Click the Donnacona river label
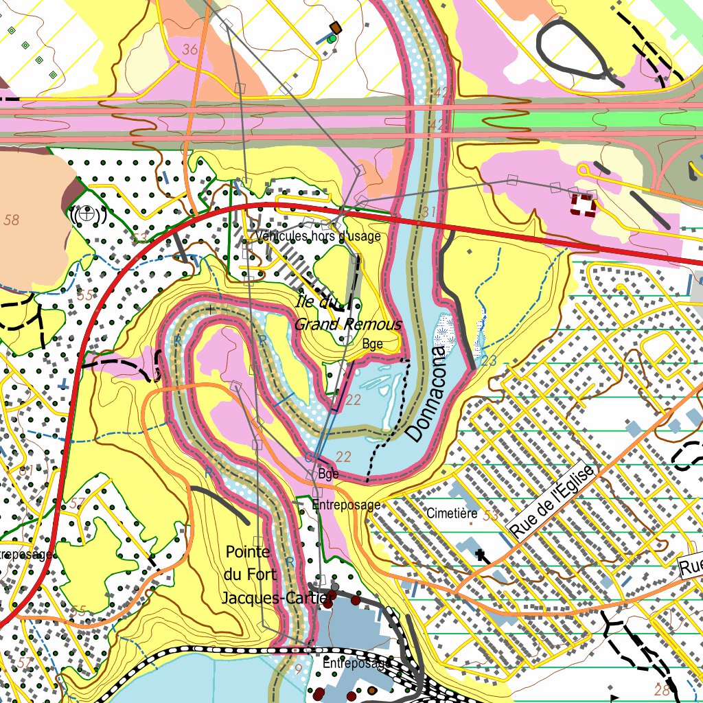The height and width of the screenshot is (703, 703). (x=426, y=394)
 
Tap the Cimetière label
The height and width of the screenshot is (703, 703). (x=451, y=513)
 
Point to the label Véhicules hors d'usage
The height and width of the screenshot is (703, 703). (x=318, y=236)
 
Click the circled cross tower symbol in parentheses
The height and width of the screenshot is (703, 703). (x=86, y=214)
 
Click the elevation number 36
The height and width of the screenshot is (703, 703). (x=190, y=49)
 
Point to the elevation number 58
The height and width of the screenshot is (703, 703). (x=12, y=220)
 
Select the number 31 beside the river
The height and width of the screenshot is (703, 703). (x=429, y=213)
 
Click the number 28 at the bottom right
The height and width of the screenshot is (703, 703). (x=662, y=689)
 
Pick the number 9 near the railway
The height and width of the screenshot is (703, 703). (x=298, y=669)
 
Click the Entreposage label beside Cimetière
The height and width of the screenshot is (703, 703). (x=345, y=505)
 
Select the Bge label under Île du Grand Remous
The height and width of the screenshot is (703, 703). (x=372, y=344)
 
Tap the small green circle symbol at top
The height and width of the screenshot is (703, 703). (x=332, y=39)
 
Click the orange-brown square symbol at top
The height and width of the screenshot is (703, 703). (x=336, y=27)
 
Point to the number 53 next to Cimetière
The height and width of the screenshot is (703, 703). (x=490, y=515)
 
